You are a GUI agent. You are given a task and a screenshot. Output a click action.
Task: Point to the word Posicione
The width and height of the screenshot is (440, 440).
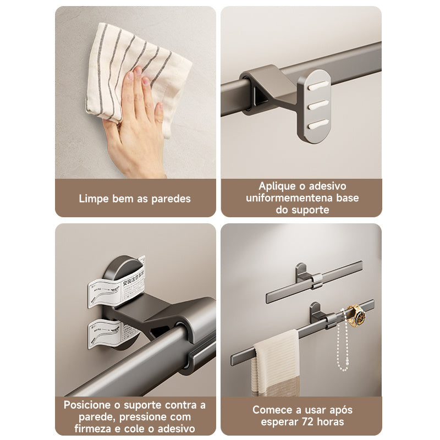pyautogui.click(x=89, y=405)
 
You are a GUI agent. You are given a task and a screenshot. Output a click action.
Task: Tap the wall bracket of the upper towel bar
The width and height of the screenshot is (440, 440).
pyautogui.click(x=301, y=273)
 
